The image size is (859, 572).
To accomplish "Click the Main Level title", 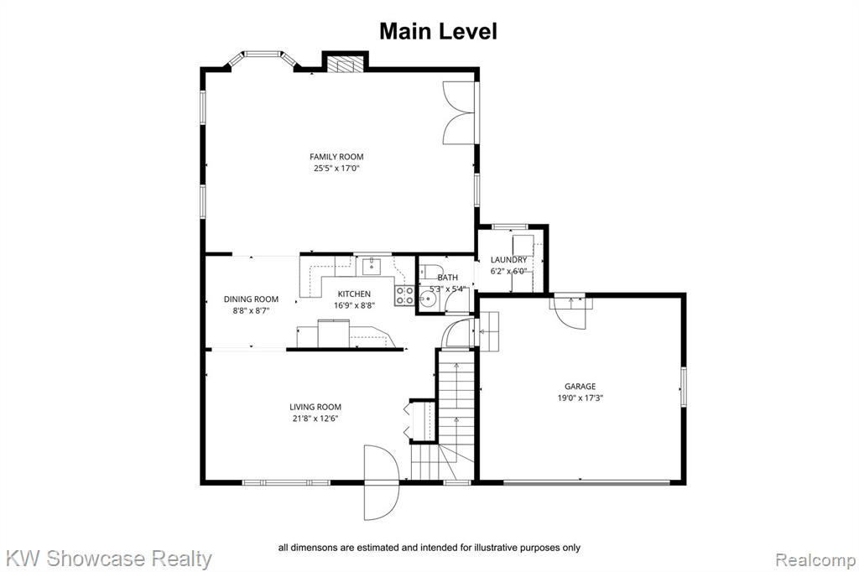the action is coord(438,31).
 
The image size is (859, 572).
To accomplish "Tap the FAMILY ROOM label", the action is coord(336,157).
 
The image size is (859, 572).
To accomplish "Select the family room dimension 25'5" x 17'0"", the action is coord(336,169).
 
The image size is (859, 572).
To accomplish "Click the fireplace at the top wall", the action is coord(345,63).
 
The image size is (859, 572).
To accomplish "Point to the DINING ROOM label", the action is coord(251,299).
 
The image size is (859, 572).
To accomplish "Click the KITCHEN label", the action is coord(354,294).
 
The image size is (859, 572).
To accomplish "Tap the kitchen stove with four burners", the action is coord(405,295).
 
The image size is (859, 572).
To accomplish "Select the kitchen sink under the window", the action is coord(372,266).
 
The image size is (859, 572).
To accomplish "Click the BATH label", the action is coord(448,278).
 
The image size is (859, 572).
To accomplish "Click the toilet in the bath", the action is coord(430,271).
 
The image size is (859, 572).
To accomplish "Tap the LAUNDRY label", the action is coord(508,260).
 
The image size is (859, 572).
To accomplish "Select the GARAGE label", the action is coord(580,387).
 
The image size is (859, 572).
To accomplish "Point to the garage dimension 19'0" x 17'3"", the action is coord(580,398).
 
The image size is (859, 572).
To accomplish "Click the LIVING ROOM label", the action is coord(315,407).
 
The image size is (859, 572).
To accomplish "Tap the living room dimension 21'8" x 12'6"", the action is coord(315,419).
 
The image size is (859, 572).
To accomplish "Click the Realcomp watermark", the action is coord(815,560).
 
